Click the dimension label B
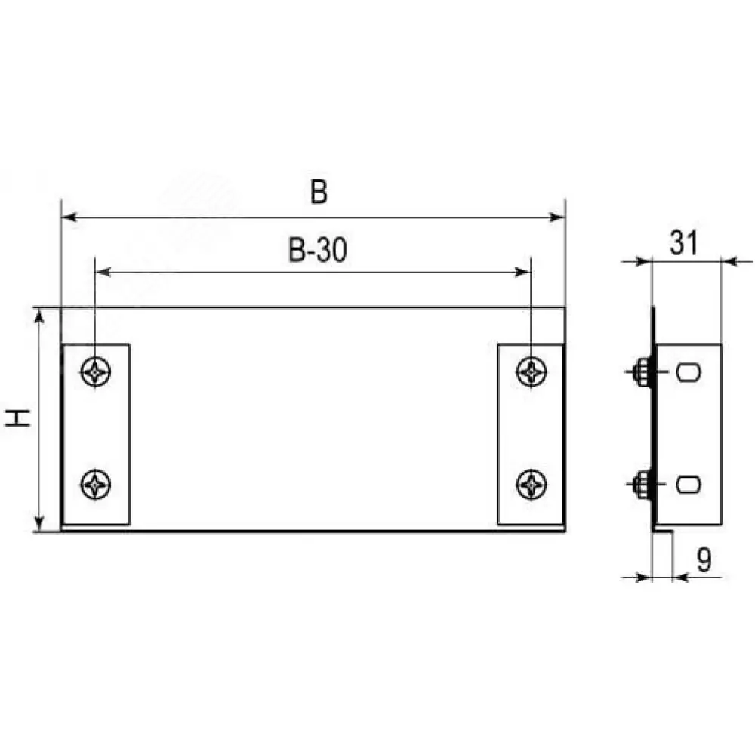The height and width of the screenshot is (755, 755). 319,192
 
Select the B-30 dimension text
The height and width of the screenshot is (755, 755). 317,251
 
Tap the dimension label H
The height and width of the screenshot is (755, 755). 18,418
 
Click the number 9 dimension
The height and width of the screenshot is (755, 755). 704,560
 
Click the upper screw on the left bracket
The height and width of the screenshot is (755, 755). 96,371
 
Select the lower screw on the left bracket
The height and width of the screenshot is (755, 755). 96,485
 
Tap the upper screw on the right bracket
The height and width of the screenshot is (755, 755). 532,371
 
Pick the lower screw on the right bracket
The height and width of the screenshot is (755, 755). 532,485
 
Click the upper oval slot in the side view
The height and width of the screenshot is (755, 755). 688,372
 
